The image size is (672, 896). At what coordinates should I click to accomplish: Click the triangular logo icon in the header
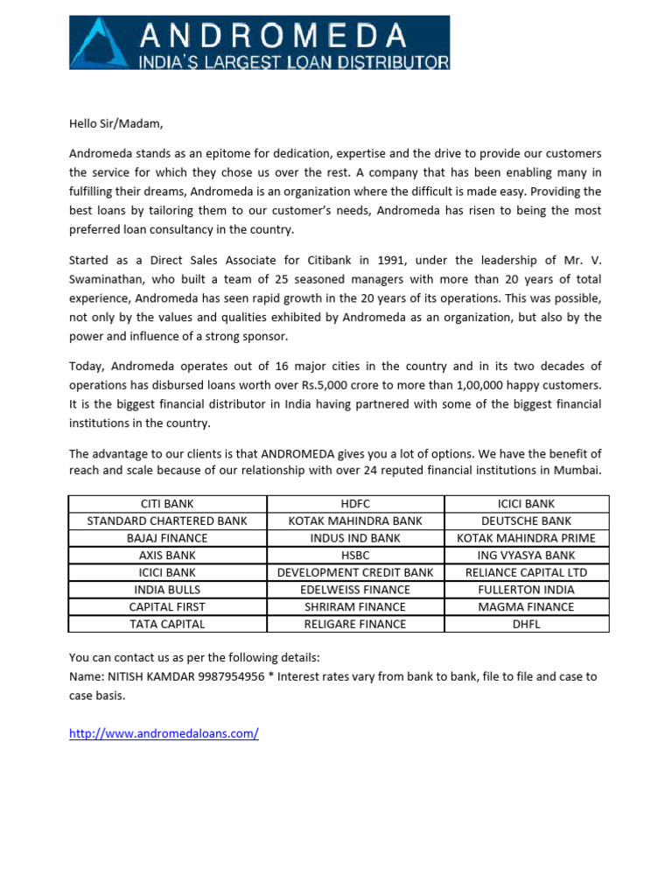pyautogui.click(x=101, y=42)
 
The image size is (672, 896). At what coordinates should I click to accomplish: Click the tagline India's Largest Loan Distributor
pyautogui.click(x=294, y=61)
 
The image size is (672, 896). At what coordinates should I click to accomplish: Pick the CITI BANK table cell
pyautogui.click(x=167, y=504)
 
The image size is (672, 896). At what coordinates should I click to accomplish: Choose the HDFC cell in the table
pyautogui.click(x=355, y=504)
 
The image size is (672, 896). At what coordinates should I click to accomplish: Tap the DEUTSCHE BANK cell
pyautogui.click(x=526, y=521)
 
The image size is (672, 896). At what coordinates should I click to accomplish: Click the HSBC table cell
pyautogui.click(x=355, y=555)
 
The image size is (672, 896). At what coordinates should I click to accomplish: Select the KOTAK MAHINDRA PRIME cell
pyautogui.click(x=526, y=538)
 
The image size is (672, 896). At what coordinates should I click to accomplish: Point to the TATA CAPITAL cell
pyautogui.click(x=167, y=624)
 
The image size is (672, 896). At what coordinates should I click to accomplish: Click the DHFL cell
pyautogui.click(x=526, y=624)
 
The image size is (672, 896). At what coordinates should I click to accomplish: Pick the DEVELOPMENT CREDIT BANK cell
pyautogui.click(x=355, y=572)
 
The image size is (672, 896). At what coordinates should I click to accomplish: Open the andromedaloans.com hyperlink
pyautogui.click(x=164, y=734)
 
